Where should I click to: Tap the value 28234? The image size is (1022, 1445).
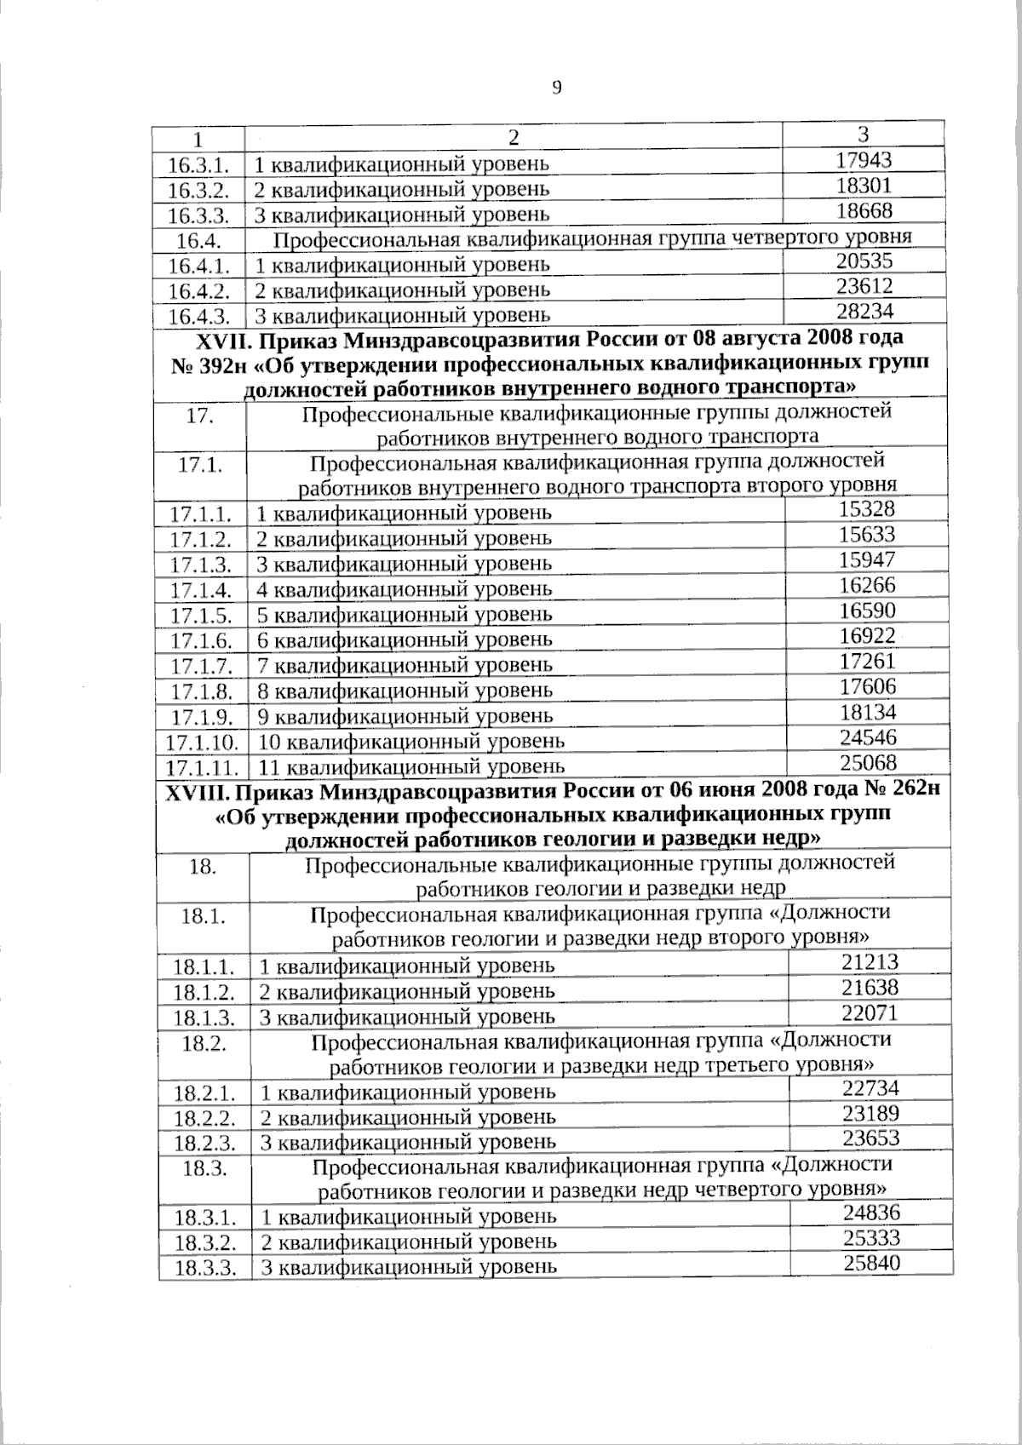pos(864,312)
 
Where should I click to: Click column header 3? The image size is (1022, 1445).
pos(863,134)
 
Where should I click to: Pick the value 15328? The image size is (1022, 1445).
pos(866,509)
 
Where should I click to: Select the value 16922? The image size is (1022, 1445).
pos(866,635)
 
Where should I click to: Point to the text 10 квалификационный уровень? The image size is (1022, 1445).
pos(411,741)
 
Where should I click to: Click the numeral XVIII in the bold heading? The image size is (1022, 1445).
pos(196,791)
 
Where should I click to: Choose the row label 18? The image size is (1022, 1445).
pos(201,867)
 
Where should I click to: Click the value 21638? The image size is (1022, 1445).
pos(870,987)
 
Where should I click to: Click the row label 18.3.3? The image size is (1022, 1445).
pos(204,1268)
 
